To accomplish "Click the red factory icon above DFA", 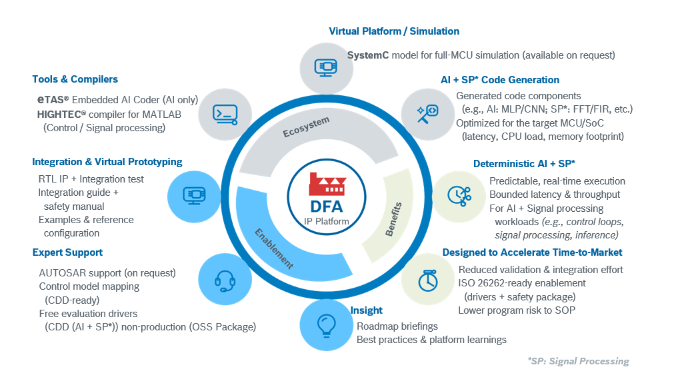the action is [327, 184].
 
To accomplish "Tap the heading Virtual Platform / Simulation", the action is [394, 31].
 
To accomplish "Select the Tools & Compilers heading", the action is [75, 79].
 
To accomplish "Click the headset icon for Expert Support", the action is [225, 281].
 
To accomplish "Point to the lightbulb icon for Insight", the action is [326, 325].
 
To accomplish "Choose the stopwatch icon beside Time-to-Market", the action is [428, 280].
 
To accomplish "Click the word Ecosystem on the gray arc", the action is [306, 127].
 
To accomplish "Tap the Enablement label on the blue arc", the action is [274, 248].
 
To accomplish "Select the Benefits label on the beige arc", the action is [393, 219].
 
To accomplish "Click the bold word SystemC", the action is [368, 55].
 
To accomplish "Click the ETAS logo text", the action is [53, 100].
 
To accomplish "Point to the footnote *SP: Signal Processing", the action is [578, 361].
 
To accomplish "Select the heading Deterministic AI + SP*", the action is [524, 164].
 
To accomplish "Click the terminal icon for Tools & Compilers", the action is [225, 115].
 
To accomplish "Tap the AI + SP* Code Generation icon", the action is [428, 113].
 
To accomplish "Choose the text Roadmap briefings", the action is [397, 326].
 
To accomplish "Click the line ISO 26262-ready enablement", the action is [522, 283].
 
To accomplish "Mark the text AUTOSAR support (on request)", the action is [107, 272].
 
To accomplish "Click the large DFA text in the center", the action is [327, 206].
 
